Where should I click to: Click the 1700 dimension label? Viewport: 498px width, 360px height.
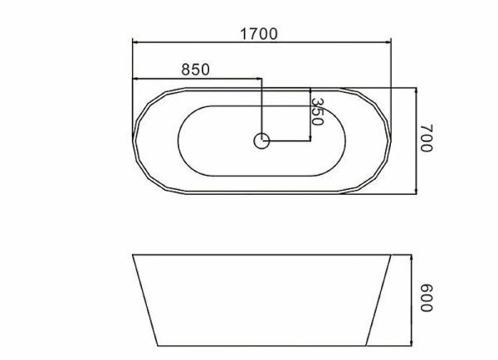point(259,34)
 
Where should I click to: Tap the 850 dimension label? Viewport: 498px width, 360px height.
point(195,70)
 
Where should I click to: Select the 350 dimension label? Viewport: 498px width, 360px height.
point(317,111)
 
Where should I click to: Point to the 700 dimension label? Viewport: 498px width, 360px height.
point(427,138)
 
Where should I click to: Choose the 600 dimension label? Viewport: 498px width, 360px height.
point(427,298)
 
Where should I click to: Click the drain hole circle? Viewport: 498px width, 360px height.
point(261,141)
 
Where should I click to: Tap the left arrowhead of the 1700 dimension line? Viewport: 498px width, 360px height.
point(135,42)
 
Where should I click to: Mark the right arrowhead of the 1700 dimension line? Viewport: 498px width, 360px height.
point(388,42)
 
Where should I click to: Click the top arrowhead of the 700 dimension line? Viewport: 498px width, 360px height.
point(416,90)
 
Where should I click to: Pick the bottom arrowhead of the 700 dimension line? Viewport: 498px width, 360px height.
point(416,191)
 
